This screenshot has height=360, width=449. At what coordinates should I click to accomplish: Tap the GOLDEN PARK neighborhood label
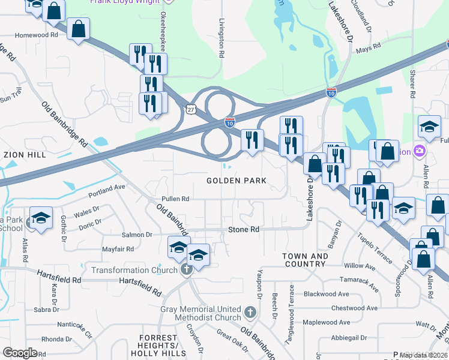click(236, 181)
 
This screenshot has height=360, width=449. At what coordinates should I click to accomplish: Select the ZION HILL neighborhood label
click(25, 154)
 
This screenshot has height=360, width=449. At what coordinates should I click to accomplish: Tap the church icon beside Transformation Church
click(187, 269)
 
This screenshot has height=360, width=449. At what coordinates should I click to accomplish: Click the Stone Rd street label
click(244, 230)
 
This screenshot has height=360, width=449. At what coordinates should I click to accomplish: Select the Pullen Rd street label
click(175, 199)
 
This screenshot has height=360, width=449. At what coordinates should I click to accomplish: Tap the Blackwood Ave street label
click(326, 294)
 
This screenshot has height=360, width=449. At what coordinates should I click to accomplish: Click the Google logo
click(20, 353)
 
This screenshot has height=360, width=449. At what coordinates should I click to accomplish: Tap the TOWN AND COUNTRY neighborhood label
click(306, 260)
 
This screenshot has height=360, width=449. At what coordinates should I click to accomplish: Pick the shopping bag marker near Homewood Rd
click(79, 28)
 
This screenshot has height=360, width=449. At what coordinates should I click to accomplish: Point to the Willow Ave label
click(360, 265)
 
